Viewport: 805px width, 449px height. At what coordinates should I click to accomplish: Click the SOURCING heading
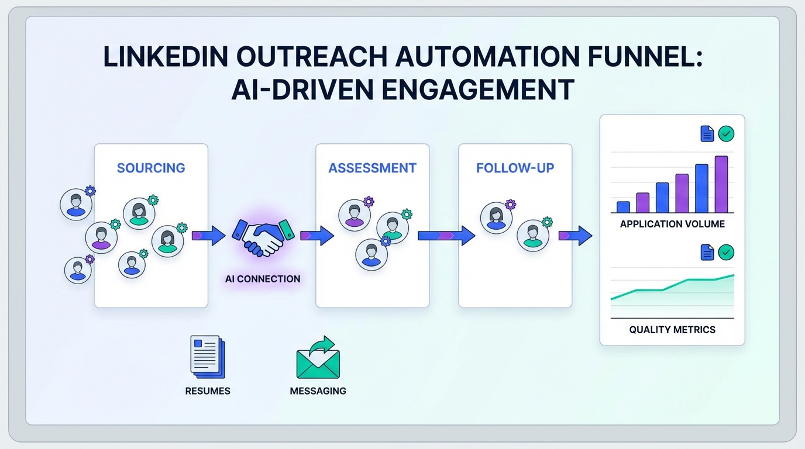click(151, 168)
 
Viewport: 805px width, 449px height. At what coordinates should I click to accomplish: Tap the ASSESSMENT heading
click(372, 168)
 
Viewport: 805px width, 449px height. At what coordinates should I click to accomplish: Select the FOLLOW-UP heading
click(515, 168)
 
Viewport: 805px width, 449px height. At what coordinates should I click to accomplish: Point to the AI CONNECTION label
click(263, 279)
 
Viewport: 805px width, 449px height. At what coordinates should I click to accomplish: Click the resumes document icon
click(207, 357)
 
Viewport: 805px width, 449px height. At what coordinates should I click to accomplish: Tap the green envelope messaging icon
click(318, 358)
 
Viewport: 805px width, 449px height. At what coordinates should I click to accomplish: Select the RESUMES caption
click(208, 391)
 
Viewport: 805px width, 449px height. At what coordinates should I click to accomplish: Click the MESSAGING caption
click(318, 391)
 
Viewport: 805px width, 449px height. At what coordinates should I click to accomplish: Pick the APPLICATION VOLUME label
click(672, 224)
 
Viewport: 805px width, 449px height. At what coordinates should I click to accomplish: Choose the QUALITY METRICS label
click(672, 330)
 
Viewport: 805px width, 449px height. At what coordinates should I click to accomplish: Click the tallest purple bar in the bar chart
click(721, 184)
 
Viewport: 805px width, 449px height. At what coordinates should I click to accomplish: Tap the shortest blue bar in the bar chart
click(623, 207)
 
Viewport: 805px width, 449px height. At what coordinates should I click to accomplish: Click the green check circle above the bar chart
click(726, 134)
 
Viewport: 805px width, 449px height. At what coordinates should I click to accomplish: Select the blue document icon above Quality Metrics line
click(707, 253)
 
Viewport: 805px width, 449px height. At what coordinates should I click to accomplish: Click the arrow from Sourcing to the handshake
click(208, 236)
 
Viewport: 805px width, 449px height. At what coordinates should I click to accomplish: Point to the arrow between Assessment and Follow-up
click(446, 236)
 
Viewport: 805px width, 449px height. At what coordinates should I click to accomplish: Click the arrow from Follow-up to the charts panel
click(575, 236)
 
